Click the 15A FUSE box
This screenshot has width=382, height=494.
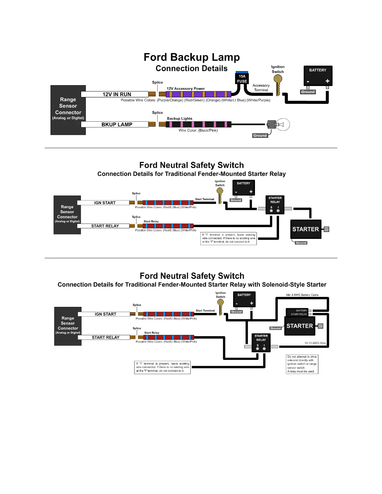242,79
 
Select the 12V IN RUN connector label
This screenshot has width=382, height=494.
116,94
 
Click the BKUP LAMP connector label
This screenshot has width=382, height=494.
116,124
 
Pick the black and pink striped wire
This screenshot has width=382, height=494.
198,124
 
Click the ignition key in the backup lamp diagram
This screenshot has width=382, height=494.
277,84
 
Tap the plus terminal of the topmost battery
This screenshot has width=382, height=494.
327,81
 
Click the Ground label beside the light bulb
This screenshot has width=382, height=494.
260,136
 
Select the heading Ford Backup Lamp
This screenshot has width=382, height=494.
192,57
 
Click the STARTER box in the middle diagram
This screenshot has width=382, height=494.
306,229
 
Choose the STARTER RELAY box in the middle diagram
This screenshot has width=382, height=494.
275,205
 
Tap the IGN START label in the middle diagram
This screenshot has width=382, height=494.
105,203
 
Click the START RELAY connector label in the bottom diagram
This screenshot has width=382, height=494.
105,337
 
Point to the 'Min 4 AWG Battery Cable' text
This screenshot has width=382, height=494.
302,295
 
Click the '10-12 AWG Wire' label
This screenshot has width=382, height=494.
315,343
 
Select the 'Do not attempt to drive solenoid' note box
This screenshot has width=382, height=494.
302,364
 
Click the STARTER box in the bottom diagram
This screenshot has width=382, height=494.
300,326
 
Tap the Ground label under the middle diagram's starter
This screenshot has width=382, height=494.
301,243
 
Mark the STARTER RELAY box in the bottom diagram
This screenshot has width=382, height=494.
261,342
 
